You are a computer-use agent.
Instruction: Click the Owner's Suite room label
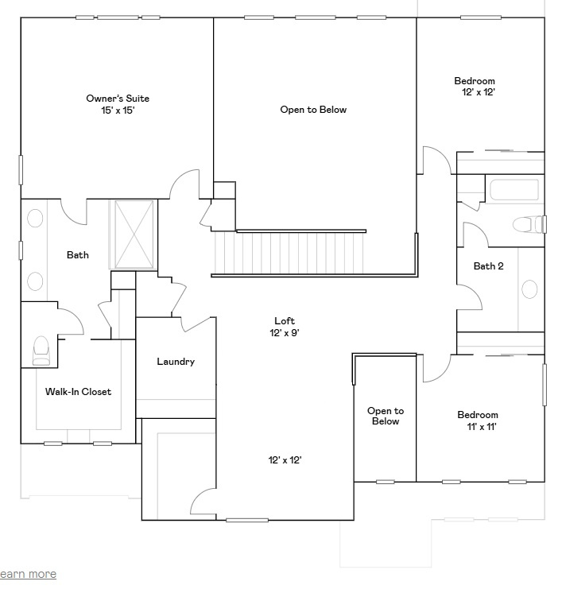(118, 99)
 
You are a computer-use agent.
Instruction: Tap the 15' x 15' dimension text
(118, 110)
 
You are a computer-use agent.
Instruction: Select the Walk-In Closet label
(78, 392)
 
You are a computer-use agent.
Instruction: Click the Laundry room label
(176, 362)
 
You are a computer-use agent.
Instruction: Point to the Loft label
(285, 321)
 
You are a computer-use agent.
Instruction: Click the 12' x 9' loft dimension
(285, 333)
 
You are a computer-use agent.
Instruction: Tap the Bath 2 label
(489, 266)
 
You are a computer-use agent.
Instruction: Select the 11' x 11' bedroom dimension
(478, 427)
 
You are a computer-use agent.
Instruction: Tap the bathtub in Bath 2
(514, 191)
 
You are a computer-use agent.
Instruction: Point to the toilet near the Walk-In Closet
(41, 349)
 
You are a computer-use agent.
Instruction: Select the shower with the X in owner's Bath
(133, 235)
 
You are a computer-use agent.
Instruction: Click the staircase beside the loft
(289, 251)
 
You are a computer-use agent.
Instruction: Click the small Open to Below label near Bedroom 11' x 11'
(386, 416)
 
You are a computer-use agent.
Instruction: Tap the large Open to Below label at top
(313, 110)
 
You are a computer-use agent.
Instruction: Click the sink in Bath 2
(529, 289)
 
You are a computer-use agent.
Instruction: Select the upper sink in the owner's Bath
(36, 219)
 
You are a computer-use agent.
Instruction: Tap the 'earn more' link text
(28, 574)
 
